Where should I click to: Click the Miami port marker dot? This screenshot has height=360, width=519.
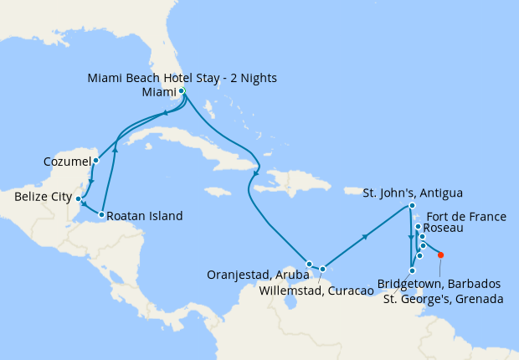pos(182,91)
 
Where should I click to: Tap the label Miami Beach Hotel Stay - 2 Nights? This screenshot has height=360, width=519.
pos(182,79)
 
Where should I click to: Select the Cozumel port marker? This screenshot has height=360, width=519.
pos(95,160)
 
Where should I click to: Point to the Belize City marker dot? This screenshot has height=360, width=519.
pos(78,199)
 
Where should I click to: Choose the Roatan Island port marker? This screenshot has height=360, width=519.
pos(101,215)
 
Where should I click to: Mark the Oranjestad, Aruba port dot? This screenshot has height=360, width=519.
pos(309,264)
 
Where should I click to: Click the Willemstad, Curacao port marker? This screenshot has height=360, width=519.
pos(322,269)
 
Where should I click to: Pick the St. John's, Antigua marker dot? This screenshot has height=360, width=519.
pos(412,206)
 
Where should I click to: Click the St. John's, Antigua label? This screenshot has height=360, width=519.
pos(412,193)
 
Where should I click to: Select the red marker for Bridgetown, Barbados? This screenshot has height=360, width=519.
pos(441,255)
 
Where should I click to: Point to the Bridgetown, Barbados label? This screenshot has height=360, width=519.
pos(439,284)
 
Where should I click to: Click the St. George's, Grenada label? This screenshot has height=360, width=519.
pos(442,298)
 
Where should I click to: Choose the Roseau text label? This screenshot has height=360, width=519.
pos(441,228)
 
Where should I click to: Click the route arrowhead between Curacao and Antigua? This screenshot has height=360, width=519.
pos(366,238)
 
